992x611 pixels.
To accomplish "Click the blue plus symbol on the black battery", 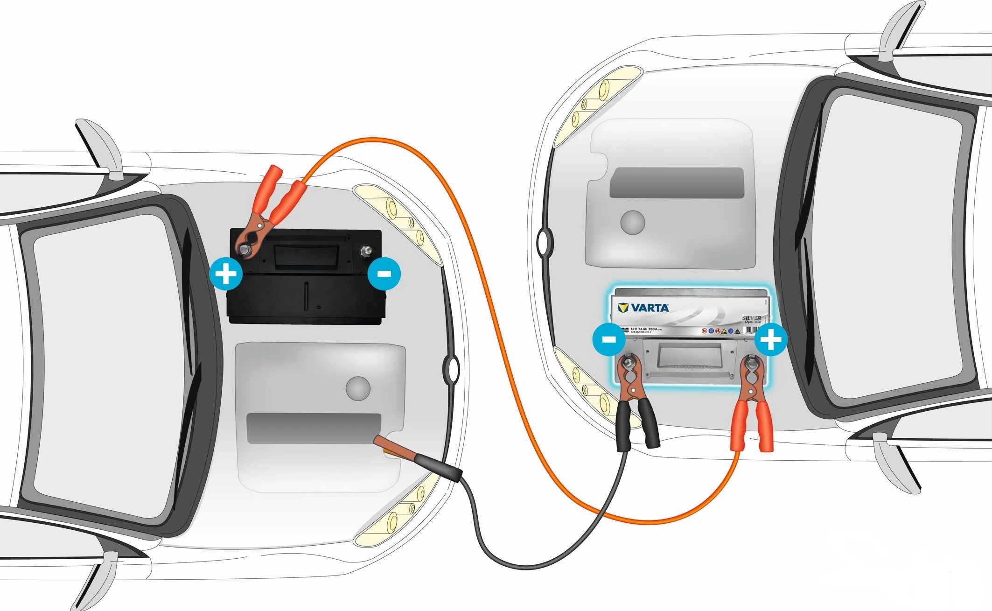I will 226,274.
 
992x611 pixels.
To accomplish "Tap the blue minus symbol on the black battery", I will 384,274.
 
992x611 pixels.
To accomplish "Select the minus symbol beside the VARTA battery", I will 609,339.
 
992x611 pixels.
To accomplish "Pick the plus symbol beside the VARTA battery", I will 771,339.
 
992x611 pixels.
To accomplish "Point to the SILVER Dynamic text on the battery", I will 752,319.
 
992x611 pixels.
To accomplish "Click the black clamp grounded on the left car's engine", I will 420,457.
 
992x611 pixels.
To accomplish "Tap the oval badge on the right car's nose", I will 544,241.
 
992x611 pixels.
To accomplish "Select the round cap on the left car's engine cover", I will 358,388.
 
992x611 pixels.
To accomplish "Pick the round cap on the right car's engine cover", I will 633,222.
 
